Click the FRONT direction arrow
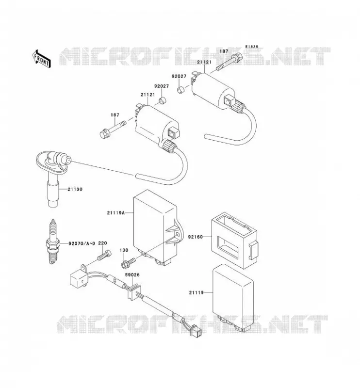[x=41, y=59]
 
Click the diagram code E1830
[x=252, y=47]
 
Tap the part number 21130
[x=75, y=189]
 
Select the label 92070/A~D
[x=82, y=243]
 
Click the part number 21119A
[x=116, y=212]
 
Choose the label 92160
[x=196, y=237]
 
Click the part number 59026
[x=132, y=275]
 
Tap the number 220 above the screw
[x=102, y=243]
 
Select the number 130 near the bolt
[x=124, y=250]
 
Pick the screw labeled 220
[x=104, y=256]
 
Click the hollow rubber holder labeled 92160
[x=234, y=241]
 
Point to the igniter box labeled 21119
[x=233, y=298]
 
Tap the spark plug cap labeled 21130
[x=52, y=176]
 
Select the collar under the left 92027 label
[x=163, y=101]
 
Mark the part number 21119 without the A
[x=196, y=292]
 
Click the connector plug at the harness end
[x=196, y=331]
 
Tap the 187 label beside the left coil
[x=115, y=115]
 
